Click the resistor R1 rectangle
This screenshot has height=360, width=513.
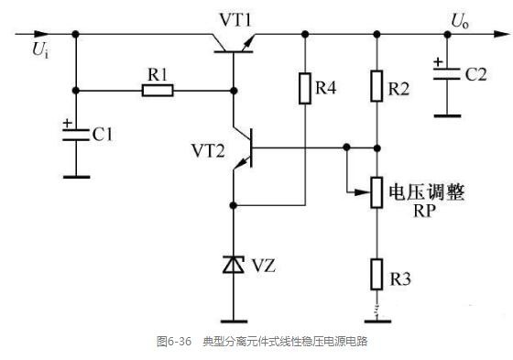point(158,91)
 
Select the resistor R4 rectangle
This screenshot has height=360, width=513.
point(305,88)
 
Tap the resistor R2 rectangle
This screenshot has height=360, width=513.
point(377,86)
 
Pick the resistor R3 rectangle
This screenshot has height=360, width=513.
point(377,274)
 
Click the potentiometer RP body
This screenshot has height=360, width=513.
point(377,192)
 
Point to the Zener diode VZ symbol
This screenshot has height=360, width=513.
point(234,265)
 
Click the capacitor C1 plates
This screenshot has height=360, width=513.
point(76,136)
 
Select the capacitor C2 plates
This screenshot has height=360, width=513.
point(447,74)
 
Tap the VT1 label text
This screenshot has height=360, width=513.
point(235,20)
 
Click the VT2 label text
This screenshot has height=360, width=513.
point(208,151)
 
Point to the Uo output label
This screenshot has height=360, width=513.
point(460,21)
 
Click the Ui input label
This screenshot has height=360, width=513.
point(40,50)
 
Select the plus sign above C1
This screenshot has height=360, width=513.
point(67,124)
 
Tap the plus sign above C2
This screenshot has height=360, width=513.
point(438,62)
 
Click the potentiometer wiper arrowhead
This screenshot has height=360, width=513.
point(363,192)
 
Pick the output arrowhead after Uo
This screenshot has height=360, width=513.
point(502,34)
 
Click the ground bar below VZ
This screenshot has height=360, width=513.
point(234,322)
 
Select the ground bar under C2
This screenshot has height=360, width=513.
point(447,115)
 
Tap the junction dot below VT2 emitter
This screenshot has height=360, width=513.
point(234,205)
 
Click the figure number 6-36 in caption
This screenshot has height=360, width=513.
point(180,342)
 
